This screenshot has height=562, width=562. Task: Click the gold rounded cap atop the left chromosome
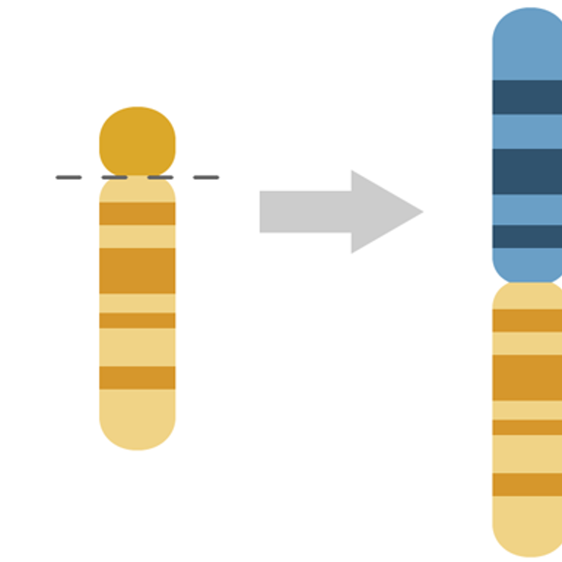point(137,140)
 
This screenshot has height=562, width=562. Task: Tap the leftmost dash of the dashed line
point(69,177)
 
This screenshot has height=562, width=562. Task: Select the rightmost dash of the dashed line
point(206,177)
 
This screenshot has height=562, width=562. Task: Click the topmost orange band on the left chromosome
point(137,214)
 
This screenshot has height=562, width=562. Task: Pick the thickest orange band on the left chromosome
point(137,270)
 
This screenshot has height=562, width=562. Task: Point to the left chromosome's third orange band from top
point(137,320)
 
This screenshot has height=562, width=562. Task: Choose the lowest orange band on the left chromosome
point(137,378)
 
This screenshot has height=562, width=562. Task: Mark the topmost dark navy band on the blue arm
point(528,97)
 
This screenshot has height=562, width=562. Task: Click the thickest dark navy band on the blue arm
point(528,171)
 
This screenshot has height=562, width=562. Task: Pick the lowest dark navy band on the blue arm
point(528,237)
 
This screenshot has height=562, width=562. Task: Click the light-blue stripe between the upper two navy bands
point(528,131)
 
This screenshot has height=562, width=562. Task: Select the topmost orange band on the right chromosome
point(528,320)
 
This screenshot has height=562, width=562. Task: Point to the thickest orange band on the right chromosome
point(528,377)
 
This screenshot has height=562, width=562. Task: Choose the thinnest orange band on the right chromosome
point(528,427)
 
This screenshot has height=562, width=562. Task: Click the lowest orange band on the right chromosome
point(528,485)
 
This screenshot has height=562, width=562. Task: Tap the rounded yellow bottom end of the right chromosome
point(528,531)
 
